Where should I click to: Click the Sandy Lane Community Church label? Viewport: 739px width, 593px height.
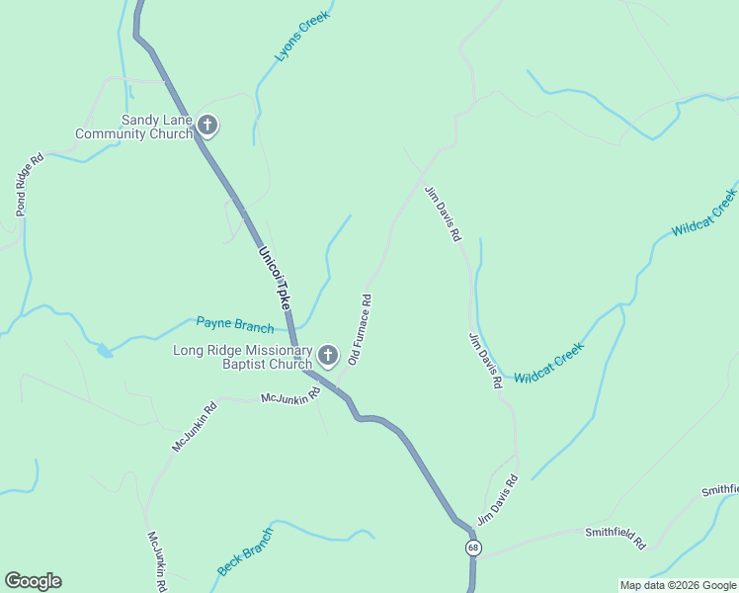(134, 127)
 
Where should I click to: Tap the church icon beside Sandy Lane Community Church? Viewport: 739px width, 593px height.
(206, 126)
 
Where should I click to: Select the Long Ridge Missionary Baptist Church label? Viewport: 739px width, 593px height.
(243, 357)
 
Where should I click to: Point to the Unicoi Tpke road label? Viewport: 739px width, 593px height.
(276, 280)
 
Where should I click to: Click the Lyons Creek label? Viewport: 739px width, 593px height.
(301, 39)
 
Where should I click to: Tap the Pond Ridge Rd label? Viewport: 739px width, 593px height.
(30, 185)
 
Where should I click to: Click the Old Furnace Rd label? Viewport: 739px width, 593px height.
(359, 330)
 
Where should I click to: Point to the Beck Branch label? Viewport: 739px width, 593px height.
(245, 552)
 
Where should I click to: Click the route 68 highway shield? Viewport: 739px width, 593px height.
(475, 548)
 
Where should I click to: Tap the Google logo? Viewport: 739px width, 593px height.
(33, 581)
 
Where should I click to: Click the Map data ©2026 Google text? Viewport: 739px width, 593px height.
(678, 585)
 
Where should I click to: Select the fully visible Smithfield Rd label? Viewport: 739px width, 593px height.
(615, 537)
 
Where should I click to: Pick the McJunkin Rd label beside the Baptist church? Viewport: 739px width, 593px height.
(290, 396)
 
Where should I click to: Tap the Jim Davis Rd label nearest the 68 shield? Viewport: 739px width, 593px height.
(498, 501)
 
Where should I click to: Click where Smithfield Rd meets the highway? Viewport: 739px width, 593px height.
(474, 559)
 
